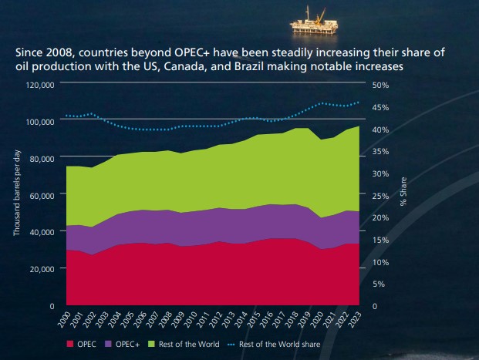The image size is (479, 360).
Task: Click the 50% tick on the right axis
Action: pos(379,84)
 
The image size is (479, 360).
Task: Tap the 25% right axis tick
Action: pos(379,196)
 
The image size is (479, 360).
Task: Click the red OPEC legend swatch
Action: pos(71,344)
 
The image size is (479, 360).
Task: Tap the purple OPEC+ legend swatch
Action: pos(108,344)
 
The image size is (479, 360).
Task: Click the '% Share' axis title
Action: pos(402,194)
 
